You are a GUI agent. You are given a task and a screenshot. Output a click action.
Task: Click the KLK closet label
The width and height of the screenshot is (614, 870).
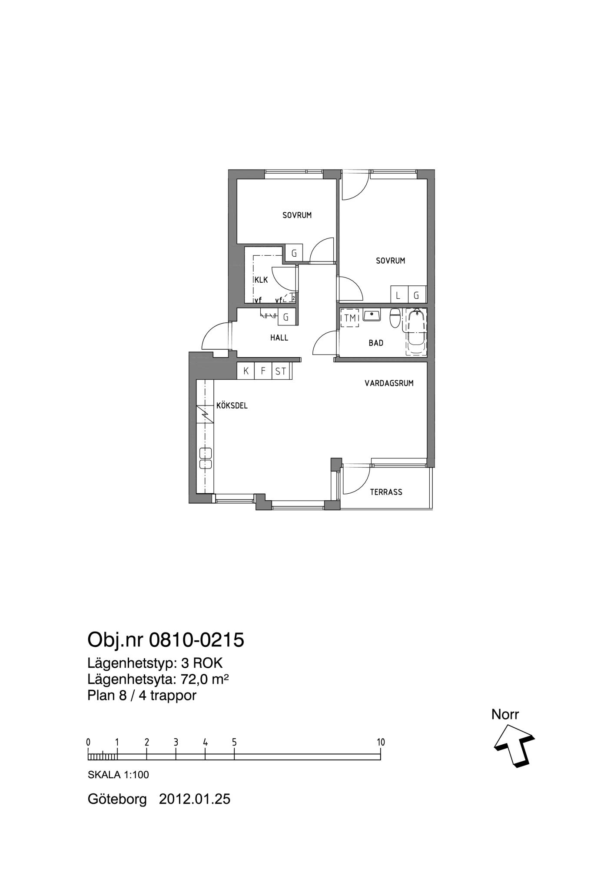(261, 280)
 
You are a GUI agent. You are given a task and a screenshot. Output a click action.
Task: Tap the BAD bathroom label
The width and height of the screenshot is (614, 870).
(376, 343)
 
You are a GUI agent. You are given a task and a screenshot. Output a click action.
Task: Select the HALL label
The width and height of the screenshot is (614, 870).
(279, 338)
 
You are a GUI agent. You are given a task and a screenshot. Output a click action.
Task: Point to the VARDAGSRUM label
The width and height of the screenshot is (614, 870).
(389, 383)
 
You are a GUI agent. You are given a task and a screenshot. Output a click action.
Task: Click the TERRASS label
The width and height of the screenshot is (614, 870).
(386, 492)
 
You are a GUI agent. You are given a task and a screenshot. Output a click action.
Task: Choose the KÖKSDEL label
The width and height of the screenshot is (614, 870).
(232, 405)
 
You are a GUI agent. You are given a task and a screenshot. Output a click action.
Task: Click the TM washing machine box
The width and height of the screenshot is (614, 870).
(350, 318)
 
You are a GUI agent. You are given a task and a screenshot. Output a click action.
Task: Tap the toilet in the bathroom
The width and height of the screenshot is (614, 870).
(395, 318)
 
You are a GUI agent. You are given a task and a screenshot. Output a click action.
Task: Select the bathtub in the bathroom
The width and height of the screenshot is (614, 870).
(416, 332)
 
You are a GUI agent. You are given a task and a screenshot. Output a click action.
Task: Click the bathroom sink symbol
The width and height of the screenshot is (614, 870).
(372, 315)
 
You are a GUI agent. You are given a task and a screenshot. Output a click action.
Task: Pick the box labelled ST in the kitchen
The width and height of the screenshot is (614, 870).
(280, 371)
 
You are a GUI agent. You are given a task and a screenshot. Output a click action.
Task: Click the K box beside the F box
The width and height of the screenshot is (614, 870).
(246, 371)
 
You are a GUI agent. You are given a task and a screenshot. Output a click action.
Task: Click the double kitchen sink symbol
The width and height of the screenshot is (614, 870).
(205, 458)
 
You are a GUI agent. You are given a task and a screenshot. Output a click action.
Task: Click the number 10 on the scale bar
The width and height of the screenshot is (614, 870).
(381, 742)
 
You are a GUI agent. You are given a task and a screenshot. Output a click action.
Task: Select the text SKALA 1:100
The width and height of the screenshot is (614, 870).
(118, 775)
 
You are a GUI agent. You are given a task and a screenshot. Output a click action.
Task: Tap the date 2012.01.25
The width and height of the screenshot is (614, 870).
(195, 799)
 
